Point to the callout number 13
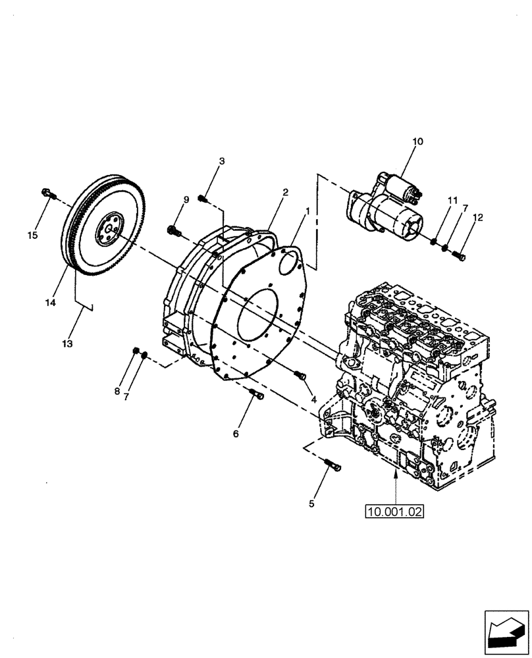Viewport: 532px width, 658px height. pyautogui.click(x=68, y=343)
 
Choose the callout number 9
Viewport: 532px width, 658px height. pyautogui.click(x=186, y=199)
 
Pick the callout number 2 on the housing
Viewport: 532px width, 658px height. pyautogui.click(x=285, y=192)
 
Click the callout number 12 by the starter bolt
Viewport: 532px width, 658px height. pyautogui.click(x=477, y=217)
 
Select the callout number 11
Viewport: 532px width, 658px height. pyautogui.click(x=452, y=200)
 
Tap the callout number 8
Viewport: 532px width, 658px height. pyautogui.click(x=117, y=392)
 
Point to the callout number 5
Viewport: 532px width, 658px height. pyautogui.click(x=313, y=504)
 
